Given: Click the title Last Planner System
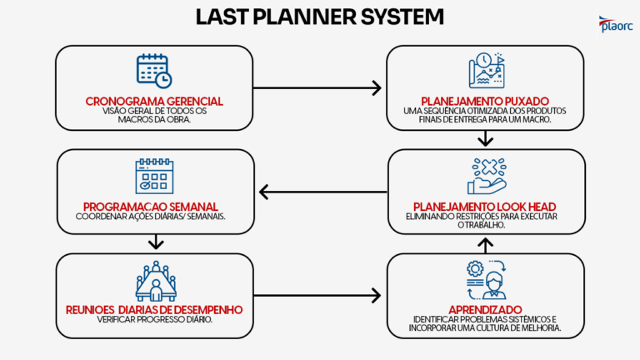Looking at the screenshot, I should click(x=320, y=17).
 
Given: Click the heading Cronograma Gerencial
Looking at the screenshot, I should click(x=154, y=102).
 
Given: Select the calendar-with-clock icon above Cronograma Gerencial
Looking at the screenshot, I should click(x=154, y=72).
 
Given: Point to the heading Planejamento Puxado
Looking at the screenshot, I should click(x=486, y=102).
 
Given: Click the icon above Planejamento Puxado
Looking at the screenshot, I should click(x=486, y=71).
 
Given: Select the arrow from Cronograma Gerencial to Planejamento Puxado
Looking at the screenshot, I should click(x=317, y=87).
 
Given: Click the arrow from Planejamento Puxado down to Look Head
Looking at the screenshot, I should click(x=487, y=138).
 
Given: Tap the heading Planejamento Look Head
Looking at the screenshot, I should click(x=486, y=206).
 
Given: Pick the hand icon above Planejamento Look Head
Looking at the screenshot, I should click(x=486, y=176).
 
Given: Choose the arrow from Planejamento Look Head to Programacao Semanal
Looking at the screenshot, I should click(x=321, y=192).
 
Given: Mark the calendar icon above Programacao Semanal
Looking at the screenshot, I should click(x=154, y=176).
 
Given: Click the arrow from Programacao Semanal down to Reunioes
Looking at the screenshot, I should click(x=154, y=242).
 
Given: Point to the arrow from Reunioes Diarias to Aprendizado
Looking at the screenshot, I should click(x=317, y=295).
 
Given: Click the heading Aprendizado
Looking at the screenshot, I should click(x=486, y=307).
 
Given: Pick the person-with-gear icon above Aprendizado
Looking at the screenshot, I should click(x=486, y=277).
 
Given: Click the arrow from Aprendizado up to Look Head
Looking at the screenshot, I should click(x=487, y=243).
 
